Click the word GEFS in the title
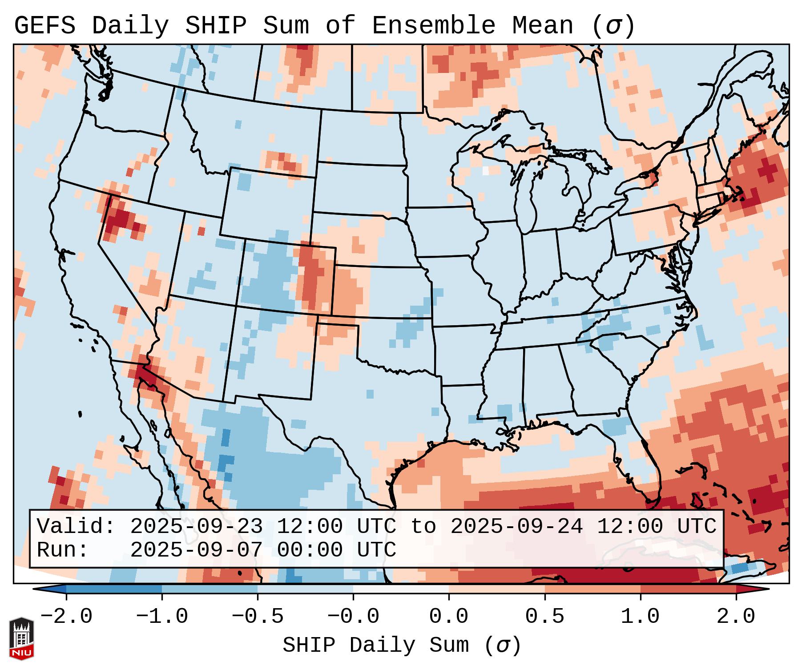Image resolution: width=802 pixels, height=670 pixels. pyautogui.click(x=44, y=26)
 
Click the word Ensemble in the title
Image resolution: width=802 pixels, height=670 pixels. pyautogui.click(x=433, y=26)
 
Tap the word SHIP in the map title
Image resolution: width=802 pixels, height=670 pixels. pyautogui.click(x=215, y=26)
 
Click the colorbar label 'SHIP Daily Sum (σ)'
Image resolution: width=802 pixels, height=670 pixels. pyautogui.click(x=401, y=646)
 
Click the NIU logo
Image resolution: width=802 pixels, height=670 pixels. pyautogui.click(x=21, y=638)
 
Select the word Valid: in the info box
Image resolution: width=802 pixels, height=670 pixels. pyautogui.click(x=76, y=527)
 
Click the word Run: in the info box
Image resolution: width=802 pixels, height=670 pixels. pyautogui.click(x=63, y=550)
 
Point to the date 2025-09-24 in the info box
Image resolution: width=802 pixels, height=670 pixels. pyautogui.click(x=516, y=527)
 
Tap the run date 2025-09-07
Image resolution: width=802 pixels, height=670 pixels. pyautogui.click(x=196, y=550)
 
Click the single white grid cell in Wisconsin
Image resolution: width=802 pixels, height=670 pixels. pyautogui.click(x=485, y=170)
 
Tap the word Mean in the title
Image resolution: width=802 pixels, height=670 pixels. pyautogui.click(x=543, y=26)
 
